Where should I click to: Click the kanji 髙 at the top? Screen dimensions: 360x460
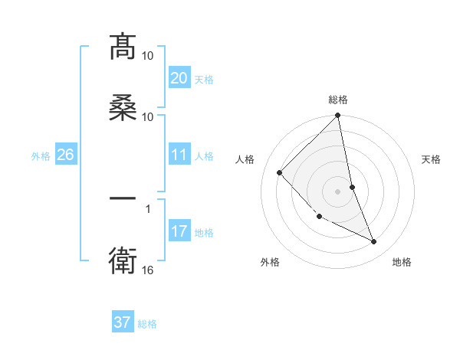(123, 47)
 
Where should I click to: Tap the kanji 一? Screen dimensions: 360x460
(123, 198)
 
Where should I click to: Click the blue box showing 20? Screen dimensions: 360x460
(179, 78)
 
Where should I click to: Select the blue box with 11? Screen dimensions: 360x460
(179, 155)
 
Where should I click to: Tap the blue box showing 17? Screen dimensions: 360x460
(179, 231)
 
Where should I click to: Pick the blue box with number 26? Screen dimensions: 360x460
(65, 155)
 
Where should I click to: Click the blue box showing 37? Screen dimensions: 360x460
(122, 322)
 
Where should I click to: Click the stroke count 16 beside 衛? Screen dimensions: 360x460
(148, 270)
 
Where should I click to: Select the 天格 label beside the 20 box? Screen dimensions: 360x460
(204, 79)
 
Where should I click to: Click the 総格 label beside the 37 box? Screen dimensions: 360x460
(147, 324)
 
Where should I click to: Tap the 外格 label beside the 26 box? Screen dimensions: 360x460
(41, 155)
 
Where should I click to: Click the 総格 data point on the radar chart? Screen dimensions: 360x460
(338, 116)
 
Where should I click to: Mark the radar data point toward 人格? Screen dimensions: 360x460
(280, 172)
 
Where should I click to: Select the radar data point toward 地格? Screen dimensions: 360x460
(374, 242)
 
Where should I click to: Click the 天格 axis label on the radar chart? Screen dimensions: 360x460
(432, 159)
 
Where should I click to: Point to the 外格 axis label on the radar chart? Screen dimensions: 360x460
(270, 262)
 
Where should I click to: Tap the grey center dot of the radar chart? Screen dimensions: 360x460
(338, 191)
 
